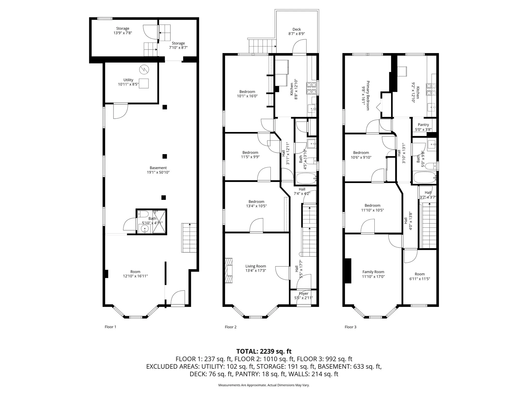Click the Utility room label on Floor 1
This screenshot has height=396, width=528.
(128, 80)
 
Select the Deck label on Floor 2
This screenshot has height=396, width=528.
(296, 29)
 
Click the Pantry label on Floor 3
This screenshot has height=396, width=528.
(423, 125)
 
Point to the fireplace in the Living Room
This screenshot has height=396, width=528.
(229, 271)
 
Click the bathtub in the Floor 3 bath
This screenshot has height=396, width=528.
(424, 178)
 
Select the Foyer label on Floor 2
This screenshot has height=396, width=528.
(303, 294)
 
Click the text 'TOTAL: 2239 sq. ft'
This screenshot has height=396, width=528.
(264, 351)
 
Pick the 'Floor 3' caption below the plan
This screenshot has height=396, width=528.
(350, 327)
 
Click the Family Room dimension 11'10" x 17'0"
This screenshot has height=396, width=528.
(373, 277)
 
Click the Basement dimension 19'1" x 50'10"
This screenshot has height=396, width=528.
(158, 172)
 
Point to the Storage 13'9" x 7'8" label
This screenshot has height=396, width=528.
(122, 31)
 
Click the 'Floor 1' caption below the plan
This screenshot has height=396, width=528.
(110, 327)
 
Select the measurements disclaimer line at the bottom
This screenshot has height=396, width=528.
(264, 385)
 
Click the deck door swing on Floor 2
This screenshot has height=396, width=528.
(299, 47)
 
